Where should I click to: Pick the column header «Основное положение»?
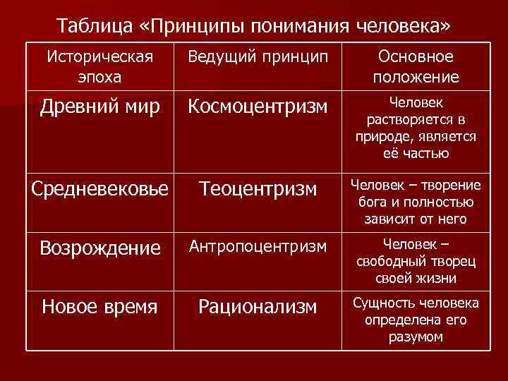coord(416,66)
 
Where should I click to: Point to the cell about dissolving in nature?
coord(416,128)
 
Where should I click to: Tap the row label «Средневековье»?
coord(99,188)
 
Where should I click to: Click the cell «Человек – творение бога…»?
coord(416,202)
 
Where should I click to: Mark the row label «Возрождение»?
coord(99,248)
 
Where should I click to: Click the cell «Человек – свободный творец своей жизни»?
coord(416,261)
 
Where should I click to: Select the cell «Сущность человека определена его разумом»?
coord(416,320)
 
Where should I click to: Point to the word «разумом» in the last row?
coord(416,337)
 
